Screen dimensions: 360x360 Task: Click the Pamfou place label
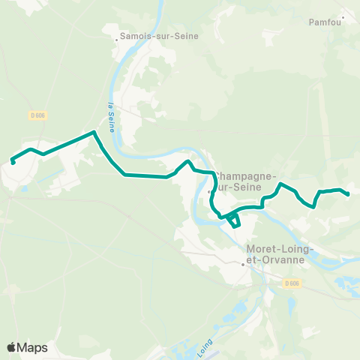325,22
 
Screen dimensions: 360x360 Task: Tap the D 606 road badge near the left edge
37,115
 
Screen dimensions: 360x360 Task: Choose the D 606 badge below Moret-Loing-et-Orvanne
292,283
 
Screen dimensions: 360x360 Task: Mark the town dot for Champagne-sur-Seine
210,191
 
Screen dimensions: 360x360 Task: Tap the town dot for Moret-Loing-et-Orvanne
243,263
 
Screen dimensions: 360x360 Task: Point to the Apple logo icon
11,347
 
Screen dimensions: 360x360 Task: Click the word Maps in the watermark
32,347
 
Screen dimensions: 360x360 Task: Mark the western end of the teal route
13,161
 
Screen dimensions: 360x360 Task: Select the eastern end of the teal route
349,194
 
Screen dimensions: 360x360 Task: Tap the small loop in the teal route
234,220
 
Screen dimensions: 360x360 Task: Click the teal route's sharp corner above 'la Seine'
94,132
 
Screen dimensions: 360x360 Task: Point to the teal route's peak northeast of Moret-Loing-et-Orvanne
280,184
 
